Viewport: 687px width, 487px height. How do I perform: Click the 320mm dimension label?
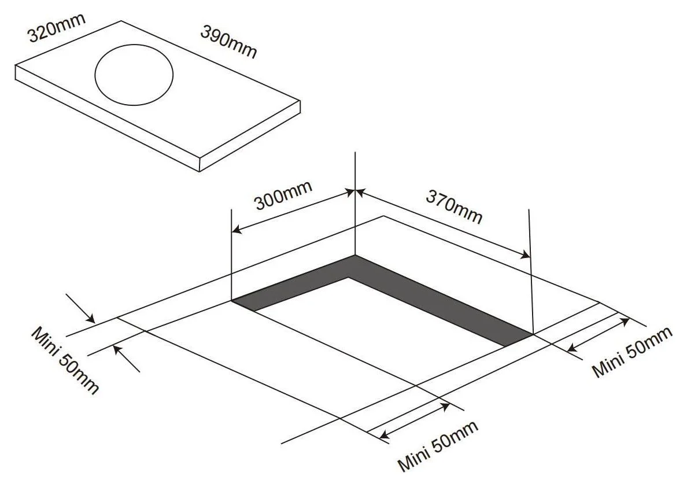coord(57,27)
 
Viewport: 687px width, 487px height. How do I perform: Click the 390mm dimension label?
coord(228,42)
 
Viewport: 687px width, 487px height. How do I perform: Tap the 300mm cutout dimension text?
coord(283,195)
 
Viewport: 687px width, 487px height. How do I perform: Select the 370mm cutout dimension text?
coord(455,206)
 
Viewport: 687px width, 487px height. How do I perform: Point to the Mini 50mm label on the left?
coord(65,360)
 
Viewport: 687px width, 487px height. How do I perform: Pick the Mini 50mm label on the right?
coord(632,352)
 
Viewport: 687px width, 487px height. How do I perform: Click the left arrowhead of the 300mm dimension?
coord(237,229)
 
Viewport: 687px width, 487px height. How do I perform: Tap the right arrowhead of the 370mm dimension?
coord(525,254)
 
